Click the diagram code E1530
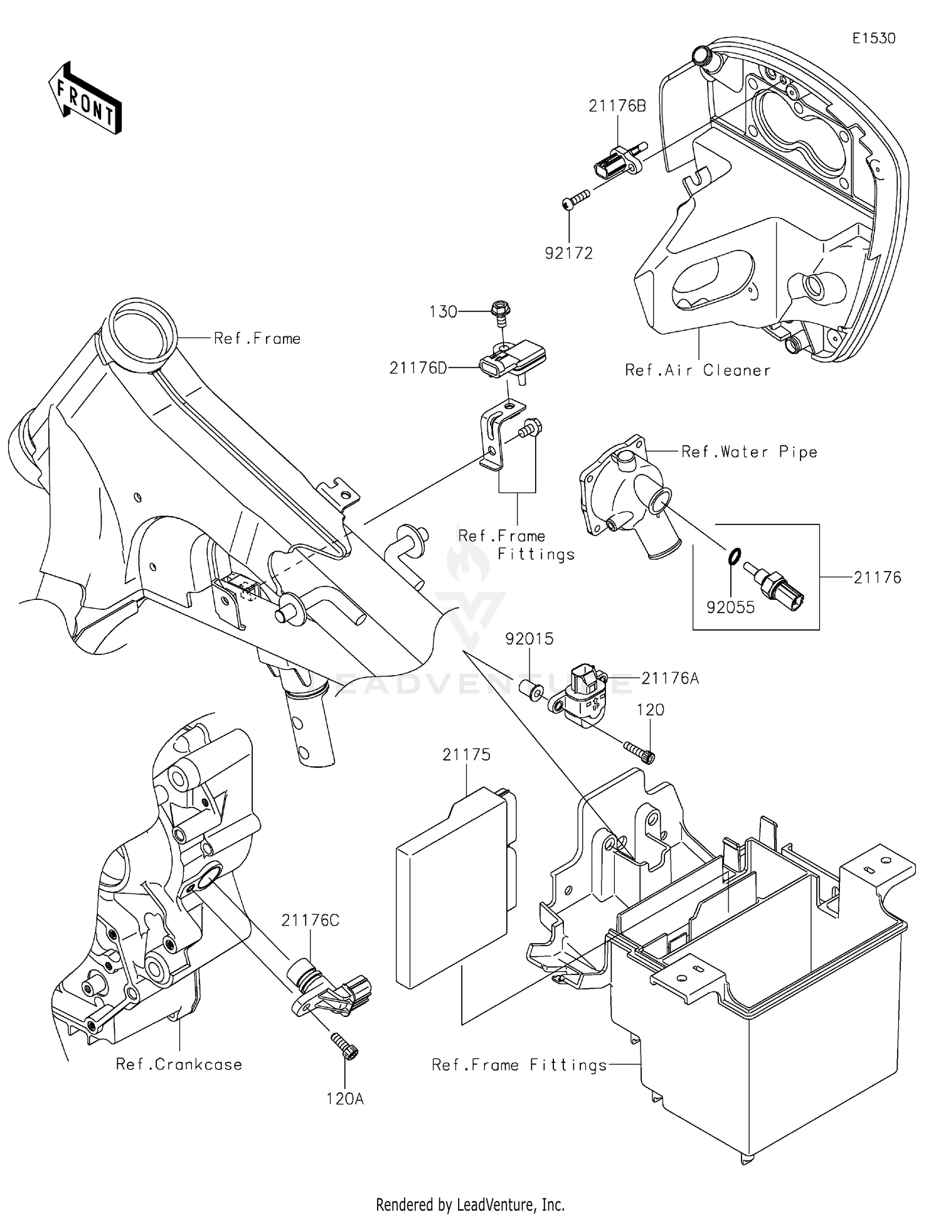pos(873,38)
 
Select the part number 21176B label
pos(617,106)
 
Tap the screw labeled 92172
pos(577,200)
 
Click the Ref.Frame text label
pos(257,339)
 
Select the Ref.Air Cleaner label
pos(698,370)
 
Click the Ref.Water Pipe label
pos(749,452)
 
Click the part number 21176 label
pos(876,577)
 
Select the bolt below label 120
pos(639,751)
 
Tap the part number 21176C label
pos(310,920)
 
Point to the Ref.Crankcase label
pos(179,1064)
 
